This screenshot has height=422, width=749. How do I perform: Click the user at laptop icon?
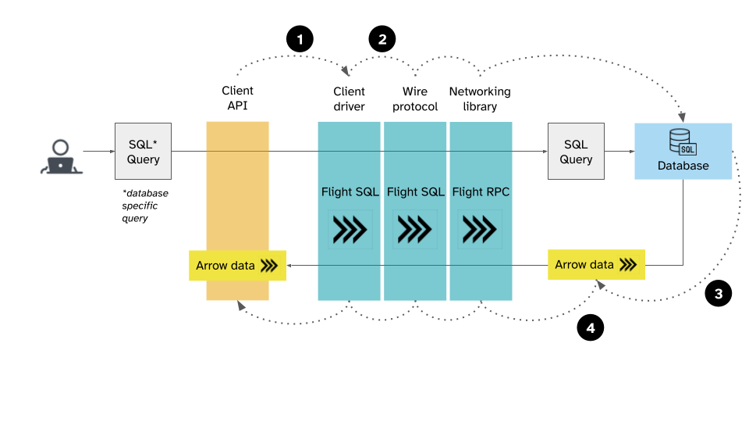pyautogui.click(x=60, y=156)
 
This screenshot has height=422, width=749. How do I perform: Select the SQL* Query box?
pyautogui.click(x=144, y=151)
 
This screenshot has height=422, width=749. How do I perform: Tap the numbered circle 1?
pyautogui.click(x=300, y=38)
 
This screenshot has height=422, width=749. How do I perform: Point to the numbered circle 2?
pyautogui.click(x=382, y=38)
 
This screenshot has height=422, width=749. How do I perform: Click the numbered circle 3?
pyautogui.click(x=718, y=294)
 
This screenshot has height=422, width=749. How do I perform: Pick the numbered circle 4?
pyautogui.click(x=590, y=328)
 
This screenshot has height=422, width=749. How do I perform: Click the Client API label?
pyautogui.click(x=237, y=98)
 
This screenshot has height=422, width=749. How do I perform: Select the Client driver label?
pyautogui.click(x=349, y=98)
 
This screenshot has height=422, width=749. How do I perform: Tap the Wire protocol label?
pyautogui.click(x=415, y=98)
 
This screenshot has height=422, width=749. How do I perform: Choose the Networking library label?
pyautogui.click(x=480, y=98)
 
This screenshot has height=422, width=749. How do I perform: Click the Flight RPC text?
pyautogui.click(x=481, y=191)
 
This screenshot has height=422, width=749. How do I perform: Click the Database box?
pyautogui.click(x=683, y=151)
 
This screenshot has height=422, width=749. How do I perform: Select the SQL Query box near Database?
pyautogui.click(x=576, y=151)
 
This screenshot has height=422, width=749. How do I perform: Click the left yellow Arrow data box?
pyautogui.click(x=237, y=266)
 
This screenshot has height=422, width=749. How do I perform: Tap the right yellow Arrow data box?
pyautogui.click(x=596, y=265)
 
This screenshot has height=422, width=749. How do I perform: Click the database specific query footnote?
pyautogui.click(x=145, y=206)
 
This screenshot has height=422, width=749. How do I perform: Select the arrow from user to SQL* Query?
pyautogui.click(x=98, y=151)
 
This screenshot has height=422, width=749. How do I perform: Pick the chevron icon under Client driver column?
pyautogui.click(x=349, y=230)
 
